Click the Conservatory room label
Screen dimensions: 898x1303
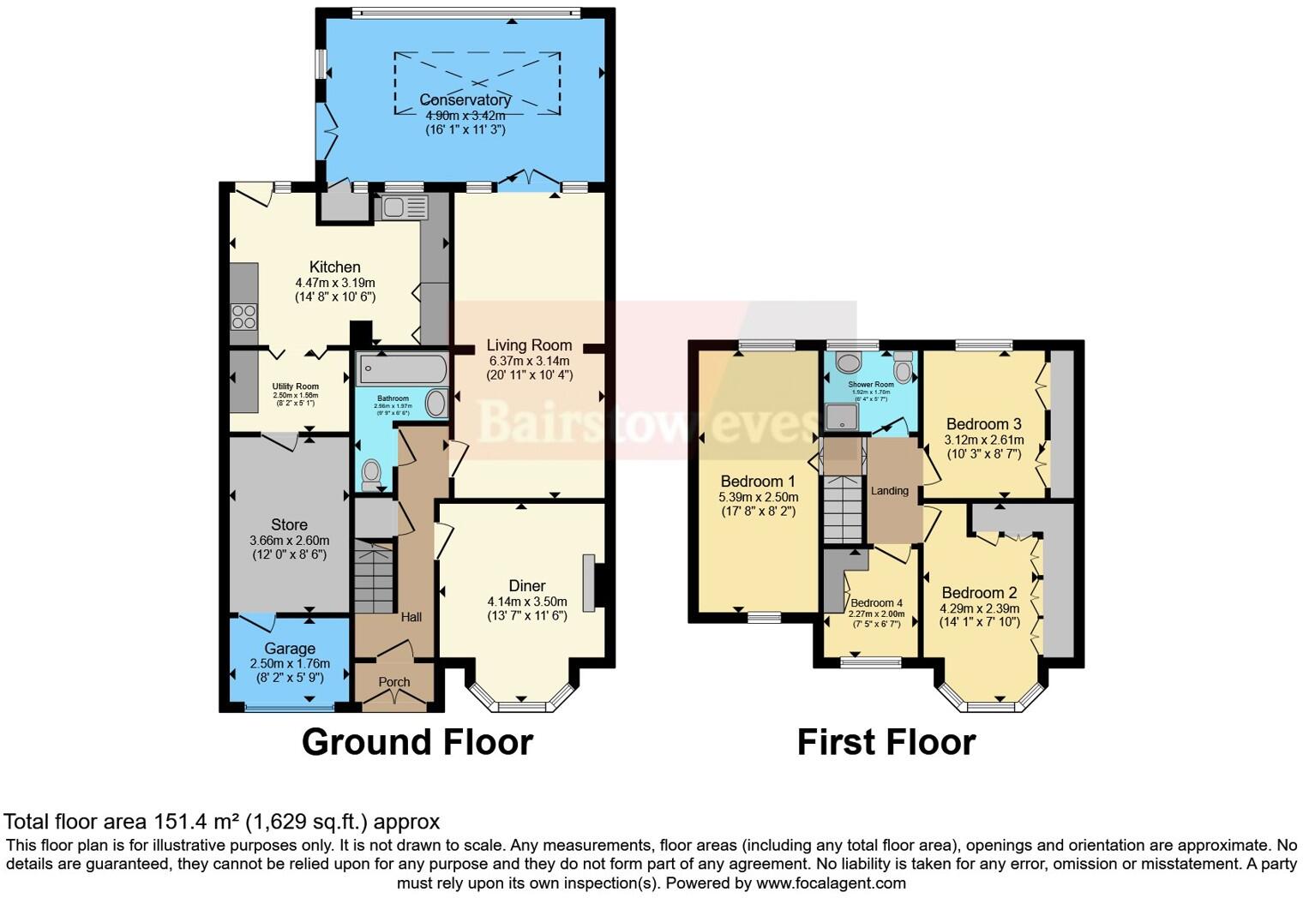465,100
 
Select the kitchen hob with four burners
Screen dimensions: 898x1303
243,317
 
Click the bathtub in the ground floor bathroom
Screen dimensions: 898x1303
401,369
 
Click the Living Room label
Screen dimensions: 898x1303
529,345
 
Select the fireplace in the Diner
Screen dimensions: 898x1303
589,584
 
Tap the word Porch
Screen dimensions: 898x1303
394,682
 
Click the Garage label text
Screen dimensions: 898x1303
290,649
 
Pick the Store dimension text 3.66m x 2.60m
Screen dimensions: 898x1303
289,541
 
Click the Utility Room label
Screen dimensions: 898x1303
295,386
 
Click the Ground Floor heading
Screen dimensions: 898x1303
417,742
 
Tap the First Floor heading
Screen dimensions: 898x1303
886,742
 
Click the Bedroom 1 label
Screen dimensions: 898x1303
758,481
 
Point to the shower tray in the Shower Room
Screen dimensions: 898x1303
842,417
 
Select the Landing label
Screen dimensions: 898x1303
889,491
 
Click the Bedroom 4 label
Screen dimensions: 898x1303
876,602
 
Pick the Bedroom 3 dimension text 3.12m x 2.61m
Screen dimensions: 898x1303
983,440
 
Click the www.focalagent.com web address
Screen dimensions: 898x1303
831,883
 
